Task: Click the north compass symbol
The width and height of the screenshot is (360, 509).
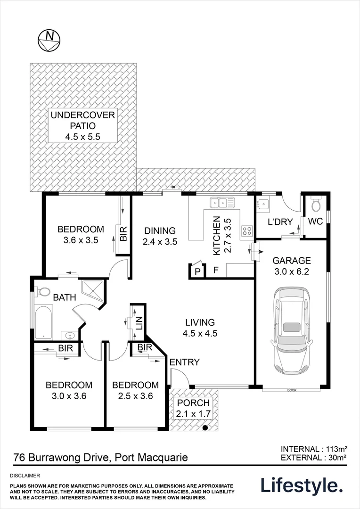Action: coord(49,40)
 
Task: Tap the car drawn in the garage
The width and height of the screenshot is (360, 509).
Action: coord(292,330)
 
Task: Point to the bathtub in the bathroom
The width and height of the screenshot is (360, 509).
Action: coord(44,322)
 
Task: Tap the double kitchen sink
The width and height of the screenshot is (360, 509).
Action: coord(222,203)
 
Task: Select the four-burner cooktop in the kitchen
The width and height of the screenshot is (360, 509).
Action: coord(247,230)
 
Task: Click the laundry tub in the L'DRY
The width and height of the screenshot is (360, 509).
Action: coord(263,205)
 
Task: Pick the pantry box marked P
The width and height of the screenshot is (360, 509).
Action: coord(197,271)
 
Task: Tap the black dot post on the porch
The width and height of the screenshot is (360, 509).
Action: coord(205,427)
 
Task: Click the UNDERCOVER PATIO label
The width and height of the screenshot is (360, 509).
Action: coord(83,120)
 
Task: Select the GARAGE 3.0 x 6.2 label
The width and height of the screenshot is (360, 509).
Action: coord(292,266)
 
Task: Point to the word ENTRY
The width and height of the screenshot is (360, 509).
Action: coord(185,362)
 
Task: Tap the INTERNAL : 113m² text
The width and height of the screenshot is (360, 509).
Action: coord(314,449)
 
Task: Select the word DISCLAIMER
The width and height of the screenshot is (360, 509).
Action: coord(25,476)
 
